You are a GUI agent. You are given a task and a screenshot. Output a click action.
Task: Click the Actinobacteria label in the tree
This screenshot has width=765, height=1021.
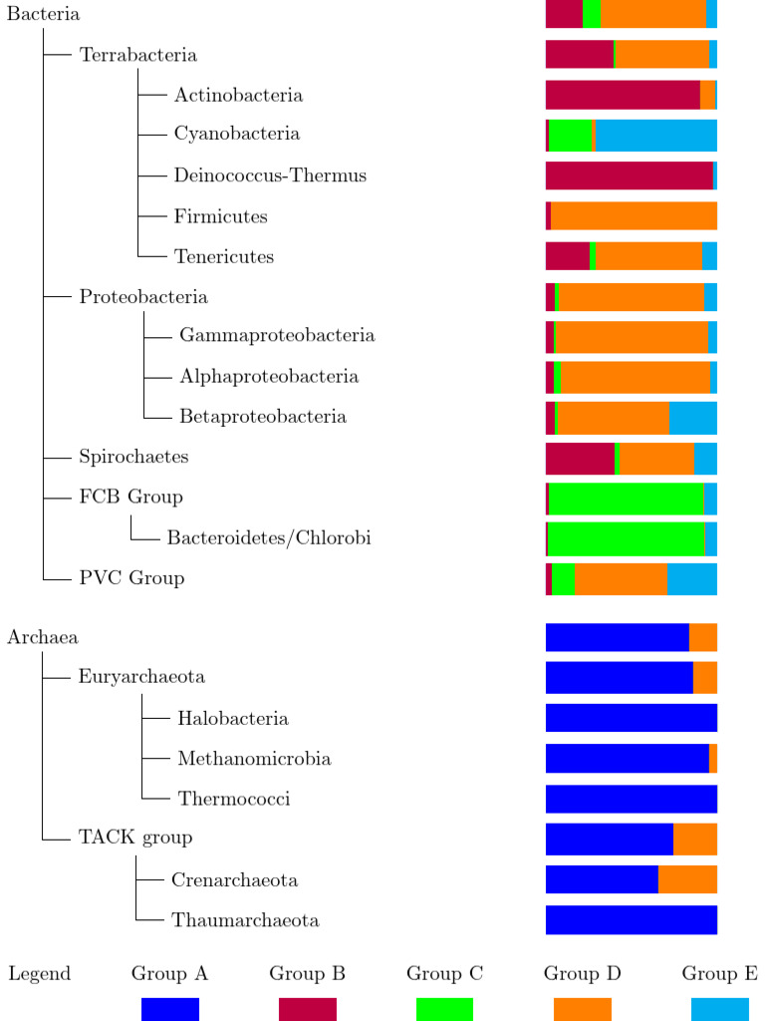(238, 96)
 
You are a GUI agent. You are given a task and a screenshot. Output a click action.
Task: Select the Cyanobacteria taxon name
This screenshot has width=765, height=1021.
(237, 134)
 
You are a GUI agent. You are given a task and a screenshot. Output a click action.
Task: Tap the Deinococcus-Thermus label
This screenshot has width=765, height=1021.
(270, 175)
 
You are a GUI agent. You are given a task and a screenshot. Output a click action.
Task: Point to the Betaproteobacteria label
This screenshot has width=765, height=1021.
(263, 417)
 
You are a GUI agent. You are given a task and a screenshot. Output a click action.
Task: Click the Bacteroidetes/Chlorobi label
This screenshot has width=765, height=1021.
(269, 538)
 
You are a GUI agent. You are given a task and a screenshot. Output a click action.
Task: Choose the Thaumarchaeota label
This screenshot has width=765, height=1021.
(245, 920)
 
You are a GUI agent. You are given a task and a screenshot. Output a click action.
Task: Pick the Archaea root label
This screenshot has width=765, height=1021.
(43, 637)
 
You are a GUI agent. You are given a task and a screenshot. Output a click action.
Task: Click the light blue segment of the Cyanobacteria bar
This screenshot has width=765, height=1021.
(655, 136)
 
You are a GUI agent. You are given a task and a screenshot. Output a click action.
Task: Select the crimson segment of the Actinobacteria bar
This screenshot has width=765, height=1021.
(623, 95)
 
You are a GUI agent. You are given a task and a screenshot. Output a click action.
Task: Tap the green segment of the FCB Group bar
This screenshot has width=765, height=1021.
(626, 499)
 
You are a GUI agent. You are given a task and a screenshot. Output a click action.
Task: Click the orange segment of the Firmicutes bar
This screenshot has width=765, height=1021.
(634, 216)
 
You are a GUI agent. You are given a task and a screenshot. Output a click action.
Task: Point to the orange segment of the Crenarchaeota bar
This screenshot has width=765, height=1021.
(687, 879)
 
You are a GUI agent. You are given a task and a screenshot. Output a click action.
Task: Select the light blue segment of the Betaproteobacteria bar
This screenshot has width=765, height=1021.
(692, 418)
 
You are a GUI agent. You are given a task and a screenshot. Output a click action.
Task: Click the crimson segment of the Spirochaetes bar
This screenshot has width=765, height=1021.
(580, 459)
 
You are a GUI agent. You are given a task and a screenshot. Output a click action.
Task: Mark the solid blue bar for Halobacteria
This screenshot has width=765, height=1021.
(631, 718)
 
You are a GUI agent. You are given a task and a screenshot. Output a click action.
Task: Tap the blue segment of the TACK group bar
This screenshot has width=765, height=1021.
(609, 840)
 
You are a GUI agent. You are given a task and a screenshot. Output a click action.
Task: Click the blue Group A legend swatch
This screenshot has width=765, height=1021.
(170, 1009)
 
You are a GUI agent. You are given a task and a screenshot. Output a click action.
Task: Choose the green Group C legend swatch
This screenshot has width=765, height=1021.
(444, 1009)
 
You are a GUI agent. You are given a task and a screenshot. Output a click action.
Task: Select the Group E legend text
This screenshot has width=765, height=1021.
(719, 974)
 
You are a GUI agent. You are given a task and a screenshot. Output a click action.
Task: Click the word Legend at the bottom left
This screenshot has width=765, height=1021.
(39, 974)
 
